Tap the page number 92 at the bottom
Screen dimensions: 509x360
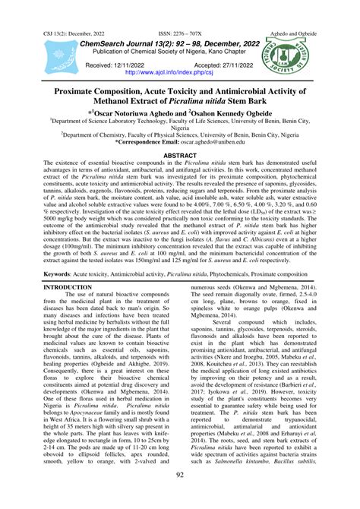point(180,496)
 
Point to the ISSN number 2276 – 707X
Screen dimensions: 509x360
point(181,7)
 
